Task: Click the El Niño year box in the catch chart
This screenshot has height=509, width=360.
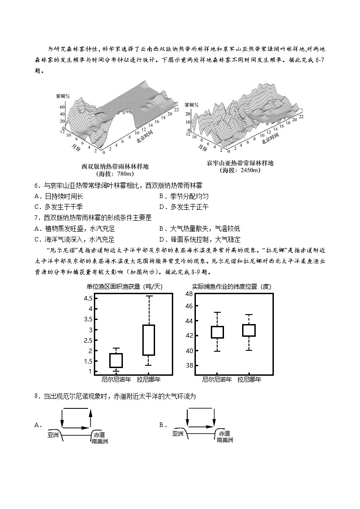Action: point(116,360)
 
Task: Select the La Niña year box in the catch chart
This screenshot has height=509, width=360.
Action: point(148,340)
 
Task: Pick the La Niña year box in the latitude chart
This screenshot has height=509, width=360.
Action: point(249,330)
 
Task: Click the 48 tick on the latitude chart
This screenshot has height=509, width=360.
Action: point(189,294)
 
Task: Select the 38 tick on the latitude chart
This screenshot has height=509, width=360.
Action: point(189,365)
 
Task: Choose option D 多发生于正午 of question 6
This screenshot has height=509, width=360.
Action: point(183,207)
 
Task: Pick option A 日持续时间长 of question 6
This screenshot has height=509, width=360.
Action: point(59,196)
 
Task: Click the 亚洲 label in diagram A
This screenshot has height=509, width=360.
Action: point(53,434)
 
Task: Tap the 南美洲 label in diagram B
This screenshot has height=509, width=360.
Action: point(225,440)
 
